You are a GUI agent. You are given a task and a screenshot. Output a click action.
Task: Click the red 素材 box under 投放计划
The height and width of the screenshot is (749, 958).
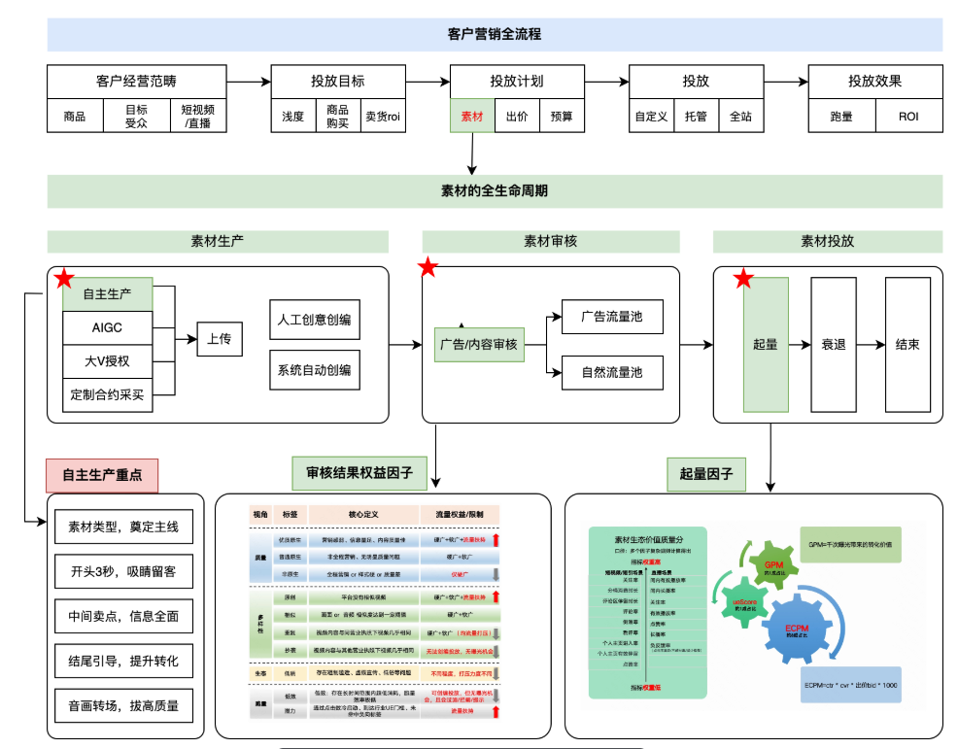[x=472, y=117]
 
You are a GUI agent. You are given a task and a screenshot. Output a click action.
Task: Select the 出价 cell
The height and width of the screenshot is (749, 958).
[x=517, y=117]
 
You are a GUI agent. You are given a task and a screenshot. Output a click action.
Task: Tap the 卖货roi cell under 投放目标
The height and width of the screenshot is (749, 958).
[x=383, y=117]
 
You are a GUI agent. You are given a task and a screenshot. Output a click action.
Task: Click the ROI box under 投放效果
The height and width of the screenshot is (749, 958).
[x=907, y=117]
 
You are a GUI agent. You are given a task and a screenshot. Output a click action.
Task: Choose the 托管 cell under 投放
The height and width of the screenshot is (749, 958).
[x=696, y=117]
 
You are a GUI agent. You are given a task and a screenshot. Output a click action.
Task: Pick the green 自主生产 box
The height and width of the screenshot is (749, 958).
[x=107, y=293]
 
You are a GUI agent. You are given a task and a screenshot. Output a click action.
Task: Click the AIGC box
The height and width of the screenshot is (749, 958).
[x=107, y=327]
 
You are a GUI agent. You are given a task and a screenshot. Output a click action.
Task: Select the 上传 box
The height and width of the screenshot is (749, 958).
[x=219, y=339]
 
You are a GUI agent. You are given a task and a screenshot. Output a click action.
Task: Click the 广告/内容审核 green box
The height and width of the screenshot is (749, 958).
[x=478, y=345]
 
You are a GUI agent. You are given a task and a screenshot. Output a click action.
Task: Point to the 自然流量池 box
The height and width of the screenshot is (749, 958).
[x=611, y=372]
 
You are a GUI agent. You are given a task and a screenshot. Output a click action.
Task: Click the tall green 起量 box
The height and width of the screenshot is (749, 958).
[x=765, y=344]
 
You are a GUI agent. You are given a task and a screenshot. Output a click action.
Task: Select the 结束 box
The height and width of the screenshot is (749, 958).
[x=907, y=344]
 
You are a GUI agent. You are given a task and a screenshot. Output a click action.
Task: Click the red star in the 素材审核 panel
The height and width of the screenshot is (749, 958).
[x=428, y=268]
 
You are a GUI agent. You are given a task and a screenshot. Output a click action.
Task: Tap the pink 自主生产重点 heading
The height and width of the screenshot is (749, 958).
[x=101, y=475]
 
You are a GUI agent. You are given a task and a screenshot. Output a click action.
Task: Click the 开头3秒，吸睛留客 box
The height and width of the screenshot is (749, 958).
[x=123, y=572]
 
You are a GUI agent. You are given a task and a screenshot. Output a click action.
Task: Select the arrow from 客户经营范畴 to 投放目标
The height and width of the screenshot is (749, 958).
[x=248, y=82]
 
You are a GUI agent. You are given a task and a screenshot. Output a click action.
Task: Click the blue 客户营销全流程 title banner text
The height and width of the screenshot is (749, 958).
[x=495, y=34]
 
